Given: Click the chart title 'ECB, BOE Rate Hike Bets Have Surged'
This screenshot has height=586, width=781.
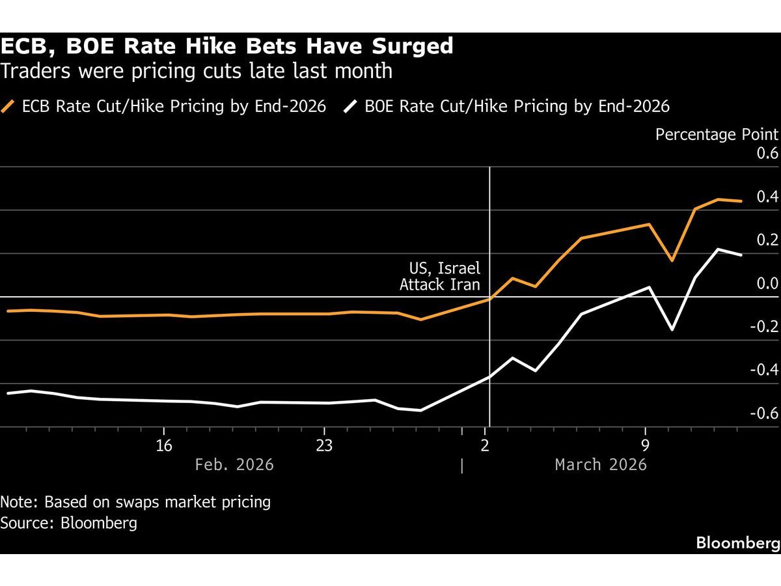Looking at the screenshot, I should pyautogui.click(x=227, y=46).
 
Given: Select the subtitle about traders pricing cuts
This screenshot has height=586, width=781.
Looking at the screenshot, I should pyautogui.click(x=197, y=70).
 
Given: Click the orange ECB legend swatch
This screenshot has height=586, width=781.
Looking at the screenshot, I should pyautogui.click(x=9, y=106).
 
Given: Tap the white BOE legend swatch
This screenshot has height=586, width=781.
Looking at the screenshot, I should pyautogui.click(x=351, y=106).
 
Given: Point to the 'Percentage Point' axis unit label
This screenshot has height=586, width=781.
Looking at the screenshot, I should pyautogui.click(x=717, y=134).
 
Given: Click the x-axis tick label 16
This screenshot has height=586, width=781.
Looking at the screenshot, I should pyautogui.click(x=164, y=445).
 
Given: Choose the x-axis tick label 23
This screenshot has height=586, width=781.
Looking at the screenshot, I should pyautogui.click(x=324, y=445).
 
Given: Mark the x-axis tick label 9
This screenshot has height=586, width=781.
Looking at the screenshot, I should pyautogui.click(x=645, y=445).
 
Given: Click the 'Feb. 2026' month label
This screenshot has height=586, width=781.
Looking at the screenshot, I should pyautogui.click(x=234, y=464).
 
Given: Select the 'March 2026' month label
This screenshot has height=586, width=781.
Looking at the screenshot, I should pyautogui.click(x=601, y=464).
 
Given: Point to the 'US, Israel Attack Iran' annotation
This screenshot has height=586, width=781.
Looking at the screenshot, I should pyautogui.click(x=440, y=276).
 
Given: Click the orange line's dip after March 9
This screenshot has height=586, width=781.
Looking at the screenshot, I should pyautogui.click(x=672, y=260).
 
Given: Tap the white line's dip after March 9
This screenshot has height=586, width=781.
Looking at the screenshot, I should pyautogui.click(x=672, y=329).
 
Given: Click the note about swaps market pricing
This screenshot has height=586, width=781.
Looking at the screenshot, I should pyautogui.click(x=135, y=502).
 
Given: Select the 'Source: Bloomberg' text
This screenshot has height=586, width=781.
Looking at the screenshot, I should pyautogui.click(x=69, y=523).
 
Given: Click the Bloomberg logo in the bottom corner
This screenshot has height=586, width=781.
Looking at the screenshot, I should pyautogui.click(x=737, y=542).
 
